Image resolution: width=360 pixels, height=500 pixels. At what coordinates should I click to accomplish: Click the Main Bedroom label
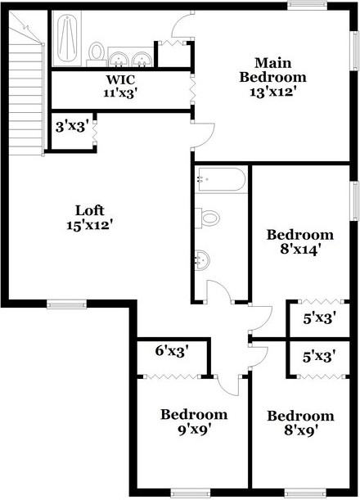point(273,70)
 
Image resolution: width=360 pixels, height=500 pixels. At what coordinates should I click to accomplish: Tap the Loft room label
point(90,210)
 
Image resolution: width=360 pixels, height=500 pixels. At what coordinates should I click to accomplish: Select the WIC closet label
point(120,79)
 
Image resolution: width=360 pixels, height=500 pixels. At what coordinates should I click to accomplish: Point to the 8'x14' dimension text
point(300,250)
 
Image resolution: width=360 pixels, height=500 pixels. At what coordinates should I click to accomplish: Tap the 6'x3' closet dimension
point(173,351)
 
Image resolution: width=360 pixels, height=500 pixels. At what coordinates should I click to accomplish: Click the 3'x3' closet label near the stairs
point(71,127)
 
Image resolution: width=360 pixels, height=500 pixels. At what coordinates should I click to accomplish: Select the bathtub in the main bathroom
point(67,36)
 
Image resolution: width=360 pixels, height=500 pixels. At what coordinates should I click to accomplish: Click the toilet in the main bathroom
point(97,54)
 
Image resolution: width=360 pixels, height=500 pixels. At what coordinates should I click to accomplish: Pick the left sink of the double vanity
point(119,60)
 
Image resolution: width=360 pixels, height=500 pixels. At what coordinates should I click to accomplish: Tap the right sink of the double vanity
point(142,60)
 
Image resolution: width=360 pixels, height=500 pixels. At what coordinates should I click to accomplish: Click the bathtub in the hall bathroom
point(221,179)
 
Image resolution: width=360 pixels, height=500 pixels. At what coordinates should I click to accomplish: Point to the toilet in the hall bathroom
point(207,218)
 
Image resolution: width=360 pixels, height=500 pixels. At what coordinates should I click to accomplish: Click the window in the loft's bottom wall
point(66,304)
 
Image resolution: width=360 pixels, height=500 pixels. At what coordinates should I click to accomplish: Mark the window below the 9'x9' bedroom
point(191,493)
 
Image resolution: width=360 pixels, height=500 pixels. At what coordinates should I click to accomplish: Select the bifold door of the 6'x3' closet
point(172,376)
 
